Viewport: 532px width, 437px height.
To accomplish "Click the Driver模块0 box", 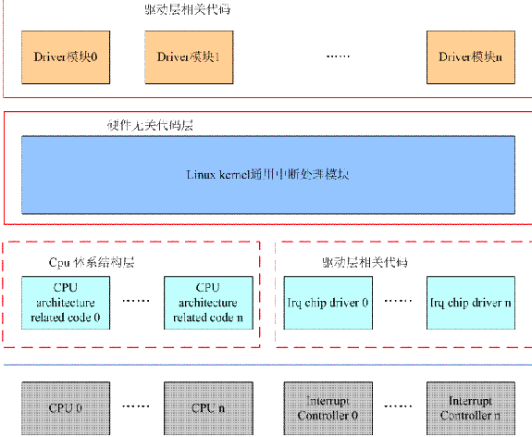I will pyautogui.click(x=64, y=56).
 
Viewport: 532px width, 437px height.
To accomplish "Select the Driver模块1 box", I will pyautogui.click(x=188, y=56).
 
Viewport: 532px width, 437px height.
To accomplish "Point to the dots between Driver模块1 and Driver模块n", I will pyautogui.click(x=340, y=57).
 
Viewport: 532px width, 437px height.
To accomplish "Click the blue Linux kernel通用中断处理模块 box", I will pyautogui.click(x=268, y=174).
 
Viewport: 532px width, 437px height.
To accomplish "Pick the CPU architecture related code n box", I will pyautogui.click(x=206, y=303).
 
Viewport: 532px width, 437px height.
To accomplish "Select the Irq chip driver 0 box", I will pyautogui.click(x=327, y=303).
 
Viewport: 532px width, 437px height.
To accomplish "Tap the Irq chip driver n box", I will pyautogui.click(x=469, y=303).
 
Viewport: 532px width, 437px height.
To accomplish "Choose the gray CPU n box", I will pyautogui.click(x=206, y=408).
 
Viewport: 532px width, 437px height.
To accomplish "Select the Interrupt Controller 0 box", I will pyautogui.click(x=327, y=408).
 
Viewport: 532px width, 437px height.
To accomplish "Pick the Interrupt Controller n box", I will pyautogui.click(x=469, y=408).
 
